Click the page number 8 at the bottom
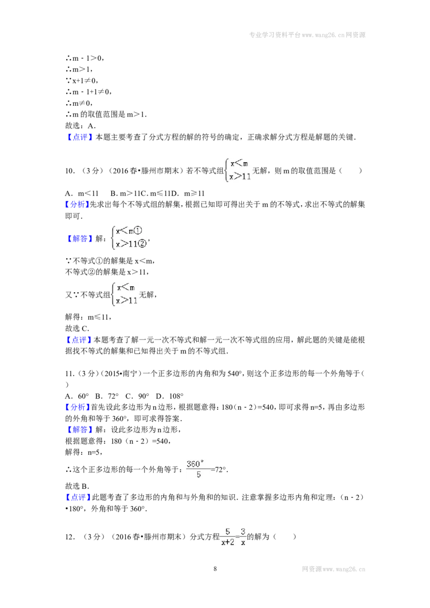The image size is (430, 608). pos(215,569)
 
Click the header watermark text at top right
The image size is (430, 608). pos(307,35)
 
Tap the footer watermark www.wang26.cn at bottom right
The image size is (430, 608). pos(334,569)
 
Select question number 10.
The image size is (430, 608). pos(70,171)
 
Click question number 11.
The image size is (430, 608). pos(70,374)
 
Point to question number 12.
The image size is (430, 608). pos(70,537)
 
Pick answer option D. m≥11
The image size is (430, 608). pos(188,193)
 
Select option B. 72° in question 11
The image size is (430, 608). pos(107,396)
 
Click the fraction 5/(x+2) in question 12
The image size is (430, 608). pos(228,537)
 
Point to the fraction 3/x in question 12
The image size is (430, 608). pos(243,537)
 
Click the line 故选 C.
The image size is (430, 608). pos(77,328)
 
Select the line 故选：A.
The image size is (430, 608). pos(80,126)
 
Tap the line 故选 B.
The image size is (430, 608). pos(77,486)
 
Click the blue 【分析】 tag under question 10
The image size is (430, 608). pos(77,205)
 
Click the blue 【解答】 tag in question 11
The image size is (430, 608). pos(79,430)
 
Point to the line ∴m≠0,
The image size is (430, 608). pos(79,103)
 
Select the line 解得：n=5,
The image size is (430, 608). pos(83,452)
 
